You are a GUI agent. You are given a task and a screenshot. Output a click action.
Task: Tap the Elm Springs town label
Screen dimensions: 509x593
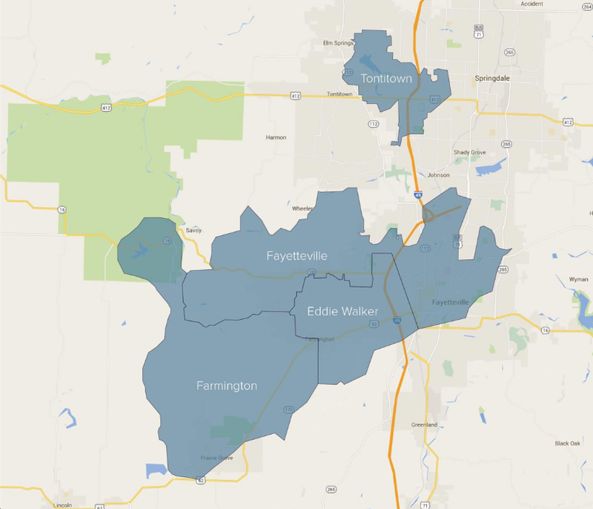(336, 43)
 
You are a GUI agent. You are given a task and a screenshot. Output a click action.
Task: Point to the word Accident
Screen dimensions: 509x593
(531, 4)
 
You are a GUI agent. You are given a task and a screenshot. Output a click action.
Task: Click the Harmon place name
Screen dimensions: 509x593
(275, 137)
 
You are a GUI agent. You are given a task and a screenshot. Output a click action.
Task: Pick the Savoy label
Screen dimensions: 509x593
(193, 230)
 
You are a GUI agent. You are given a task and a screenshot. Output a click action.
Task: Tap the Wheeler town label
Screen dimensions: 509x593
(302, 208)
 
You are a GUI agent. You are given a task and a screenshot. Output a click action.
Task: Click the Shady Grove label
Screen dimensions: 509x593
(468, 153)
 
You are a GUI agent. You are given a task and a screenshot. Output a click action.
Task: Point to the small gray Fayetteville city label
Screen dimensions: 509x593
(450, 303)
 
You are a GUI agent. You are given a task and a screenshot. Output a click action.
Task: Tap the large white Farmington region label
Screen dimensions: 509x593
(226, 386)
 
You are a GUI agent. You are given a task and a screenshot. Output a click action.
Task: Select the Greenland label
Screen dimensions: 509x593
(424, 425)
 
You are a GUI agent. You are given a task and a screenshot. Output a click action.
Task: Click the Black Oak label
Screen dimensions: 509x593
(567, 443)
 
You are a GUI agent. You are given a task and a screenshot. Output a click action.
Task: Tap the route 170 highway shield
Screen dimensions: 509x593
(288, 409)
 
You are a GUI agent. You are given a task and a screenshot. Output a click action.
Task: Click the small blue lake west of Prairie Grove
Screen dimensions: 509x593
(156, 470)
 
